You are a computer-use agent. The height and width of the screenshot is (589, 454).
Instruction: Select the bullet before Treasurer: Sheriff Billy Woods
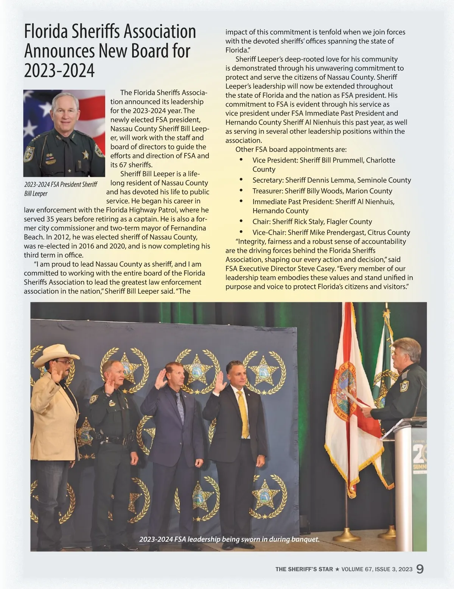(x=241, y=190)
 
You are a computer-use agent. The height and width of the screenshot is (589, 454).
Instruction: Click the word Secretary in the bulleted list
(x=267, y=180)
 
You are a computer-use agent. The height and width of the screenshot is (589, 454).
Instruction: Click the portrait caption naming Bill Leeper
(x=61, y=189)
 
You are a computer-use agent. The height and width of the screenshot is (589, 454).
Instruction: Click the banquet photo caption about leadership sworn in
(x=229, y=539)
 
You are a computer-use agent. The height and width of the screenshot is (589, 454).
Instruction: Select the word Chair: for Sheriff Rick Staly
(x=261, y=222)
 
